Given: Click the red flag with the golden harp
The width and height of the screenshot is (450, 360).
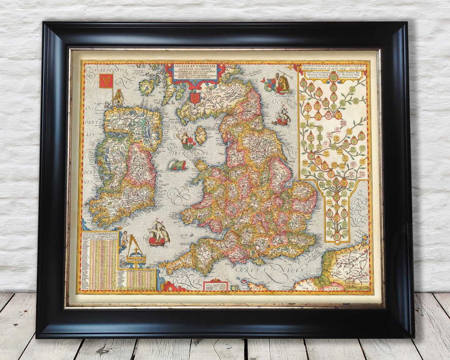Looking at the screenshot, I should (106, 81).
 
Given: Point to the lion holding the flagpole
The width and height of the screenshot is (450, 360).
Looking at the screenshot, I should (118, 98).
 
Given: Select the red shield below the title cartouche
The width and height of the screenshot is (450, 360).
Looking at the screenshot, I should (194, 98).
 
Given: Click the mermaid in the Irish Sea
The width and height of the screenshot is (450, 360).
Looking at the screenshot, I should (186, 140).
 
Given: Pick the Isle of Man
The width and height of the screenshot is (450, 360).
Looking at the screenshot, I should (201, 135).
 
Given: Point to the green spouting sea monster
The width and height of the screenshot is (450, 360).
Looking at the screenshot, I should (177, 165).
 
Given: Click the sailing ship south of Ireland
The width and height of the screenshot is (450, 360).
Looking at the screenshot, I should (159, 234).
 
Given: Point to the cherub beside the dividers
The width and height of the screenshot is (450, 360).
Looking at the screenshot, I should (124, 239).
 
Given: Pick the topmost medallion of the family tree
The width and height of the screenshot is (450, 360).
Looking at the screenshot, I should (333, 77).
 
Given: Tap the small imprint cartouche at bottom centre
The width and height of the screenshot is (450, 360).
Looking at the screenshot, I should (215, 285).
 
